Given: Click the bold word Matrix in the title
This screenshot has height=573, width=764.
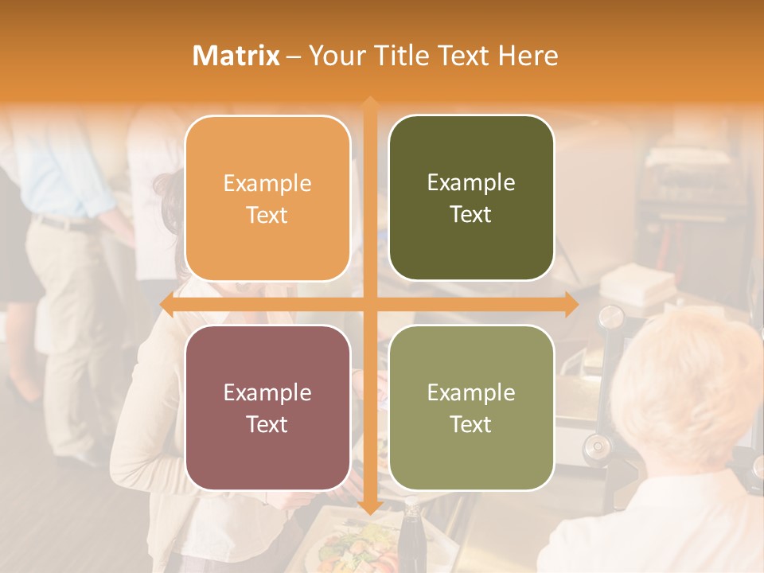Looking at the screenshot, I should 236,56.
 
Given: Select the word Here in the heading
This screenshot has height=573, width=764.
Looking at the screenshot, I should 528,56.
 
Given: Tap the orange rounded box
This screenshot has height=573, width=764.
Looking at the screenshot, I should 267,198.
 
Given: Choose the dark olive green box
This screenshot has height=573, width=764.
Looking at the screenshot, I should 471,198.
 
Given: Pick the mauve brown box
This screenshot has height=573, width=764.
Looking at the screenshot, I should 267,407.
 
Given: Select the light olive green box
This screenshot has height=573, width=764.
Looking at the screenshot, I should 471,407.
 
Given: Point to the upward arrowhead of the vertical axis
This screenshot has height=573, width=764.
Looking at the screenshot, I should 369,103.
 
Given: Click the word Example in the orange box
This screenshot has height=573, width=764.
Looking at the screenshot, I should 267,183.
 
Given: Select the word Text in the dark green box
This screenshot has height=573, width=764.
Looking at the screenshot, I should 471,214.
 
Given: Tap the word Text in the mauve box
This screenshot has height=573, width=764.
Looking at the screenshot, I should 267,424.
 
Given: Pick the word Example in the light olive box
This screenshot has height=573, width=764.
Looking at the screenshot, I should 471,392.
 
